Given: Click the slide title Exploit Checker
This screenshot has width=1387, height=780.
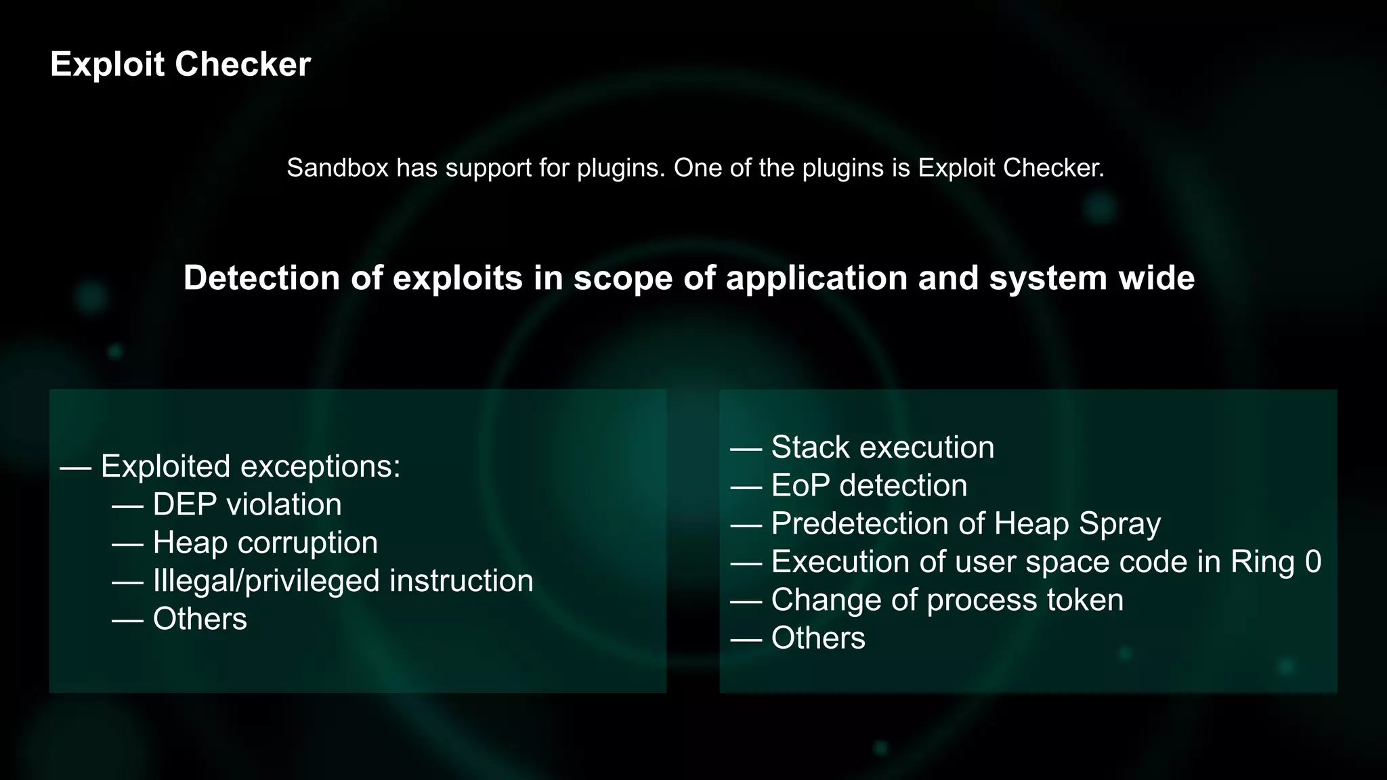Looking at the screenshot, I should tap(180, 64).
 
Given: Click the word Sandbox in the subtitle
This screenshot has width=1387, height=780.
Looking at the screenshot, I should tap(337, 168).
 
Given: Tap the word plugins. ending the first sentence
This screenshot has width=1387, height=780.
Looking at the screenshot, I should tap(621, 168).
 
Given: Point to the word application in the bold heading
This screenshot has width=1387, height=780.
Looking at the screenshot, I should tap(816, 278).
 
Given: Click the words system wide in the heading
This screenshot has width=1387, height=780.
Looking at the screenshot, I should tap(1092, 278).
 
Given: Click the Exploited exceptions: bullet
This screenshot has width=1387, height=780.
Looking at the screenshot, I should tap(251, 467).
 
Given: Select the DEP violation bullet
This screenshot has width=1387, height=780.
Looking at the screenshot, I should tap(247, 504).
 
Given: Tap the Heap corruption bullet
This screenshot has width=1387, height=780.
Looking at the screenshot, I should tap(265, 543).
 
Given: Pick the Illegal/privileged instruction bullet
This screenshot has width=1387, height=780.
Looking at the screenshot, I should tap(343, 581).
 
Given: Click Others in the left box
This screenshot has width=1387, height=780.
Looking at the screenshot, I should tap(200, 619).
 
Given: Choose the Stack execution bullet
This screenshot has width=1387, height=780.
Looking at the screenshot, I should tap(882, 448).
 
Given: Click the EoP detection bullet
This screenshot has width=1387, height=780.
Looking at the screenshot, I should tap(869, 485).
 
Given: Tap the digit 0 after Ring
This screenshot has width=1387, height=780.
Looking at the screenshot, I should tap(1313, 562).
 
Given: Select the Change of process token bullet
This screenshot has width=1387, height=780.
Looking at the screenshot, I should tap(947, 600).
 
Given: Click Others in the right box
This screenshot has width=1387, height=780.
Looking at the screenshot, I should tap(818, 638).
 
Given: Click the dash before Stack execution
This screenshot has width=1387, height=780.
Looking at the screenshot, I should tap(746, 448).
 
